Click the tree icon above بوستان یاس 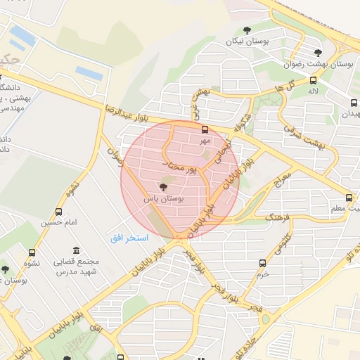click(x=163, y=188)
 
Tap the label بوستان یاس click(x=163, y=199)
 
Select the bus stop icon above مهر click(x=205, y=130)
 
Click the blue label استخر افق click(x=129, y=238)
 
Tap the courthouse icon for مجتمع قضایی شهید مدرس click(x=76, y=251)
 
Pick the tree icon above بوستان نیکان click(x=246, y=30)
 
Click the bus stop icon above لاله click(x=313, y=81)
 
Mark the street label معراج click(x=280, y=177)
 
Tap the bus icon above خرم click(x=262, y=263)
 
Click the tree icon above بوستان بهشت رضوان click(x=318, y=52)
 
